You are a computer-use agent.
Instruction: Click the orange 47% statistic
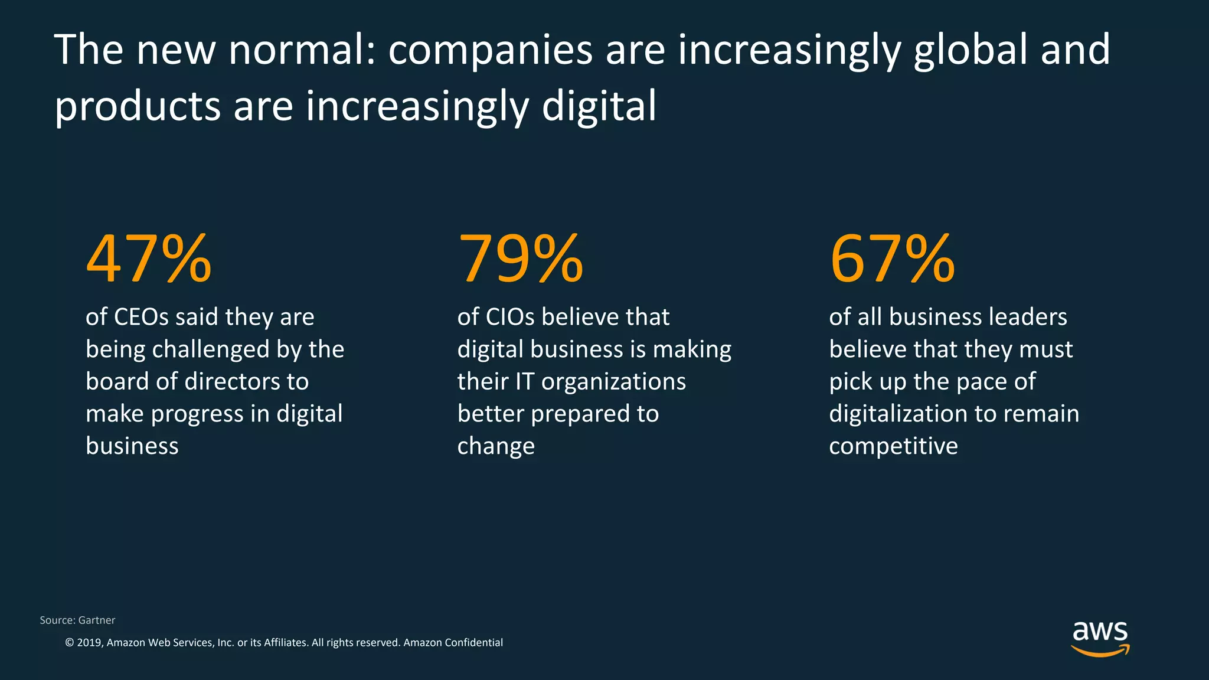[149, 259]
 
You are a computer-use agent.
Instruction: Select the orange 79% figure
[520, 259]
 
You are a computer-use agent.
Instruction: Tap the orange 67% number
[892, 259]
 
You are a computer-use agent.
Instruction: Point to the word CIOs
[510, 318]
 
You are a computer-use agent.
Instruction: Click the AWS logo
[1100, 638]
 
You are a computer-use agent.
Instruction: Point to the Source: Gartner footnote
[77, 620]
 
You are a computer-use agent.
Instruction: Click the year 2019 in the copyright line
[89, 642]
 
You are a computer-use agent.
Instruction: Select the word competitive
[893, 446]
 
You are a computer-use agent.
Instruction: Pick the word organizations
[613, 382]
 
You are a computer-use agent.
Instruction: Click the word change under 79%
[496, 446]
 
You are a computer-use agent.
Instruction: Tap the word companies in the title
[490, 50]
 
